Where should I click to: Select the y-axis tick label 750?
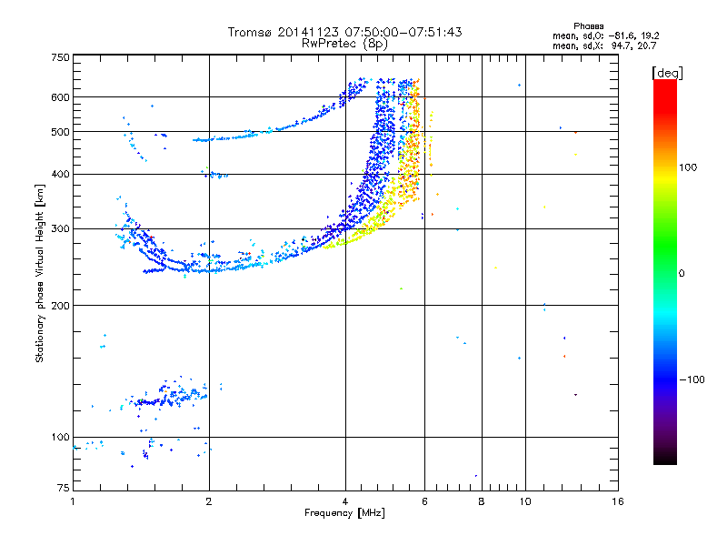click(60, 56)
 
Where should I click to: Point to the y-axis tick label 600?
click(60, 96)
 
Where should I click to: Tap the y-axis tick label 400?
click(60, 174)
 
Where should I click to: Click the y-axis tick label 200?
click(60, 305)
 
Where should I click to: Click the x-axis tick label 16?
click(617, 501)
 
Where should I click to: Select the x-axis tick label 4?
click(345, 501)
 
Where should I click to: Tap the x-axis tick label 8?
click(482, 501)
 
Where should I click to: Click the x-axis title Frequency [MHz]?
click(345, 513)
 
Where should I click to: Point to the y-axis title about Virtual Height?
click(40, 274)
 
